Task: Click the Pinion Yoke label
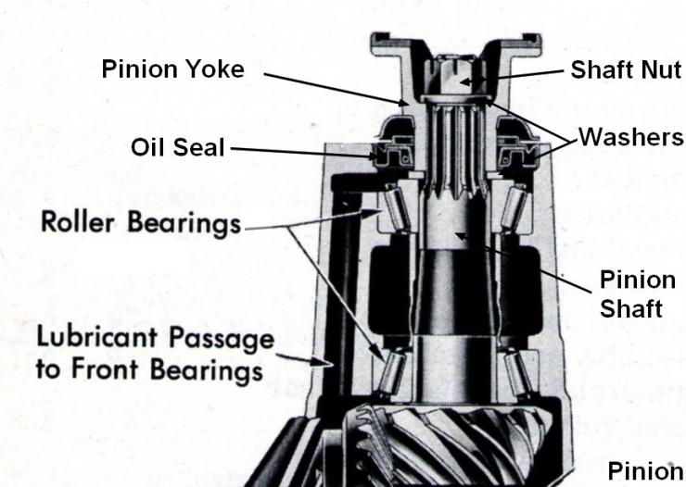click(x=172, y=69)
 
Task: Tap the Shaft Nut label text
click(x=626, y=69)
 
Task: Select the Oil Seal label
click(x=178, y=147)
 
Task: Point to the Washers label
click(x=631, y=137)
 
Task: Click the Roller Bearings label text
click(x=141, y=223)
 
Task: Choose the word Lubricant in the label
click(x=97, y=337)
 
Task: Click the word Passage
click(x=222, y=339)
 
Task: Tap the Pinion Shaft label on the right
click(x=638, y=293)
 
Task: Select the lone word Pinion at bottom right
click(x=645, y=471)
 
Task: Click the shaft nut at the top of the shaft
click(x=455, y=78)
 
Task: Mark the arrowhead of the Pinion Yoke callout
click(x=403, y=103)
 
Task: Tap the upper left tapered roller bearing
click(x=398, y=206)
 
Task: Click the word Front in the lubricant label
click(x=105, y=368)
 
